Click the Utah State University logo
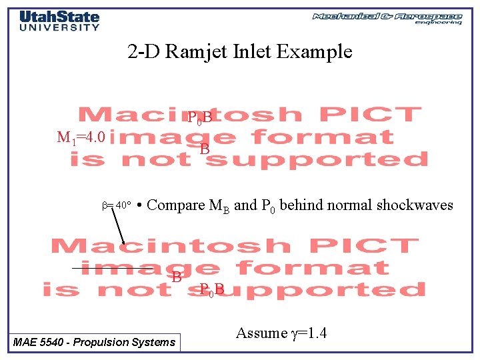(x=59, y=21)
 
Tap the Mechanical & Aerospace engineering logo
(x=387, y=17)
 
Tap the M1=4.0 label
(x=81, y=138)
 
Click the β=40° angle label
(x=114, y=205)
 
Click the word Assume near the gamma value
(x=261, y=333)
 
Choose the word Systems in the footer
(x=154, y=343)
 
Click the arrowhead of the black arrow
(x=123, y=244)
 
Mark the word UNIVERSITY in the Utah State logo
(x=59, y=27)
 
